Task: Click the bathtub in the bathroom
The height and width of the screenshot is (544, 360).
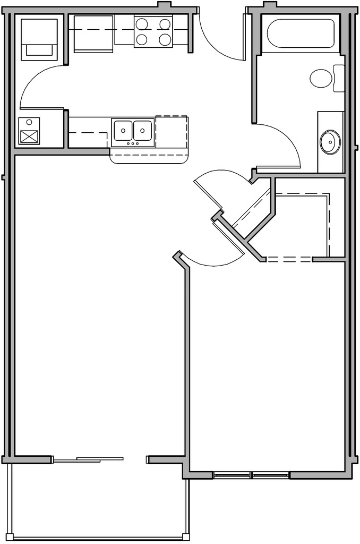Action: click(x=302, y=33)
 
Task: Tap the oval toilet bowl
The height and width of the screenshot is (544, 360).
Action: click(x=321, y=79)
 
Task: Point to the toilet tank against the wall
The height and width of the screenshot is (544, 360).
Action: click(x=339, y=78)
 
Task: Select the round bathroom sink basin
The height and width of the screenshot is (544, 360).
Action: click(x=330, y=142)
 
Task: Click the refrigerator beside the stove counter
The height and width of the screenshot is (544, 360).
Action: click(x=94, y=33)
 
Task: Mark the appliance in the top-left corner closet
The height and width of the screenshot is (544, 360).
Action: click(x=39, y=38)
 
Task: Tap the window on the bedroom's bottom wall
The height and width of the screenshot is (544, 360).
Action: click(x=252, y=474)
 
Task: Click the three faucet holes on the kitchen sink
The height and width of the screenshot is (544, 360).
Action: click(x=133, y=143)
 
